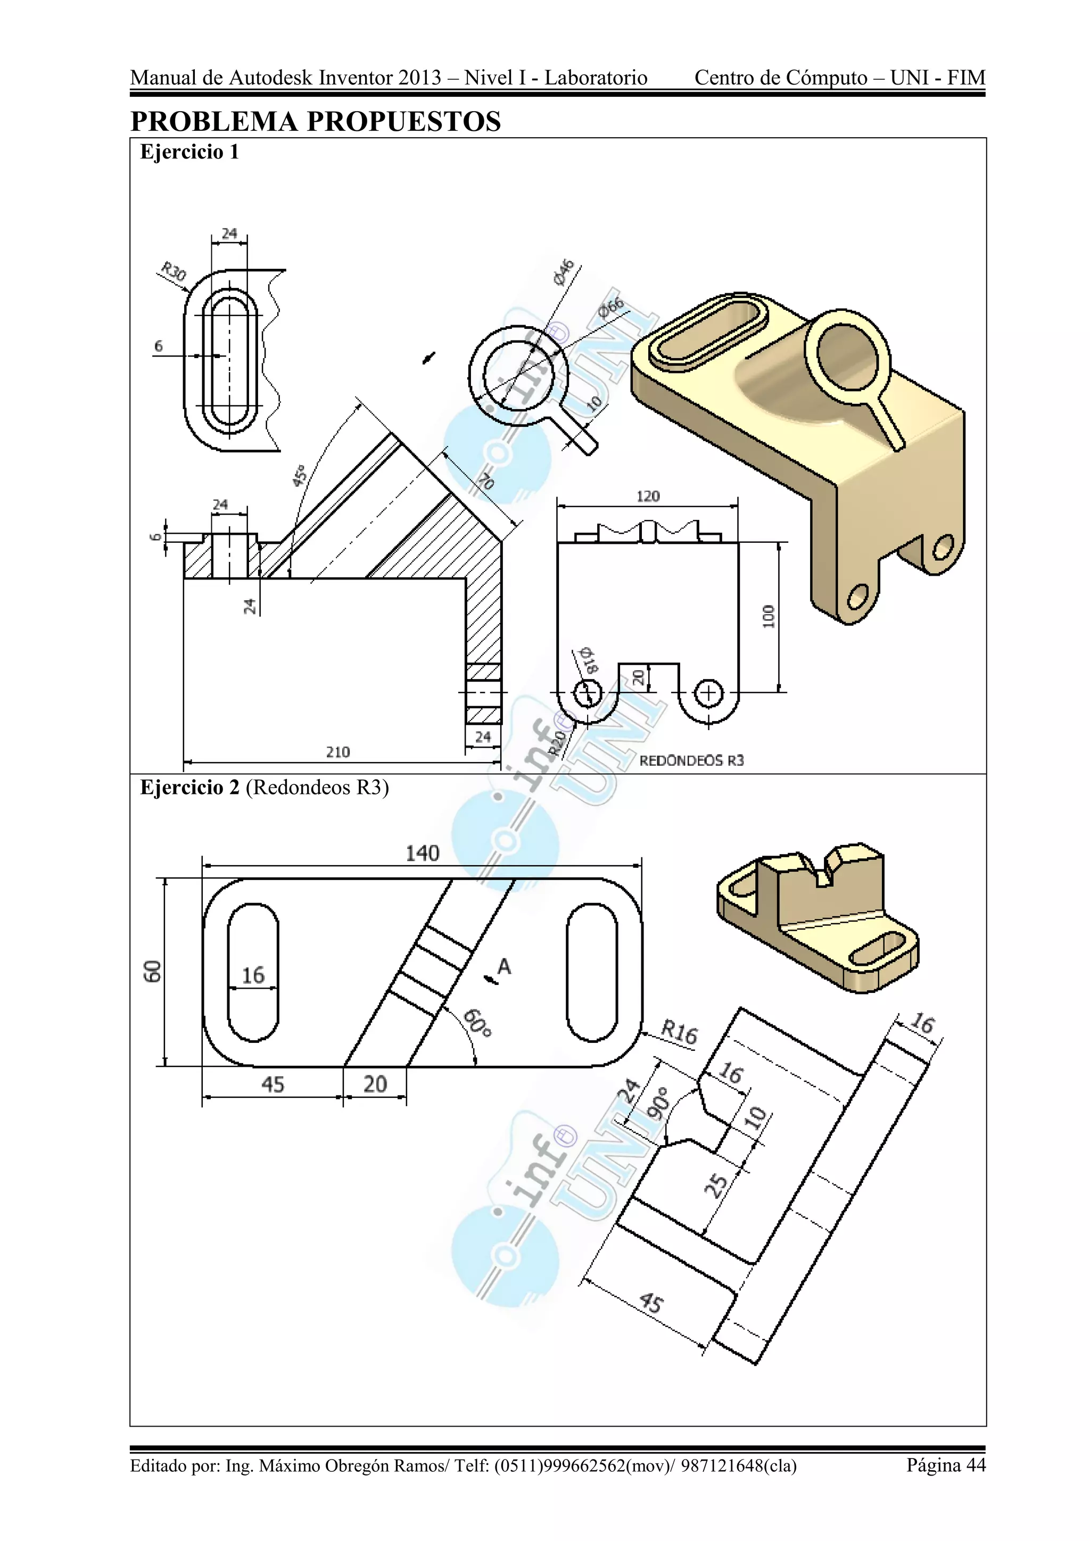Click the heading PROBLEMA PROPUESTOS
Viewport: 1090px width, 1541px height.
[x=316, y=121]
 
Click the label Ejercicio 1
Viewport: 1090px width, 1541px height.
[x=189, y=152]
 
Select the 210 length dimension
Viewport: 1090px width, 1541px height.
[x=337, y=752]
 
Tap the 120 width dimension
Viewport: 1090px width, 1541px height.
[x=648, y=496]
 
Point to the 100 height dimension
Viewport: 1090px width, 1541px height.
[x=769, y=616]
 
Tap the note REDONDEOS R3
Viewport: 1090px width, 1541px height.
[x=691, y=760]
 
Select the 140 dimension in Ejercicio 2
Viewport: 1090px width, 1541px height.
[x=422, y=854]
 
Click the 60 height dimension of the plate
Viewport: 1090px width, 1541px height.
[x=153, y=971]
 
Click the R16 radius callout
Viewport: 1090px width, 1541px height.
[x=679, y=1032]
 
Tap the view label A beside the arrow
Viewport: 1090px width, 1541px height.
[x=505, y=966]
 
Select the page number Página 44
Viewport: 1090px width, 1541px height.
[x=946, y=1464]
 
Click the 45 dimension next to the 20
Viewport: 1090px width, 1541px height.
[x=272, y=1084]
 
